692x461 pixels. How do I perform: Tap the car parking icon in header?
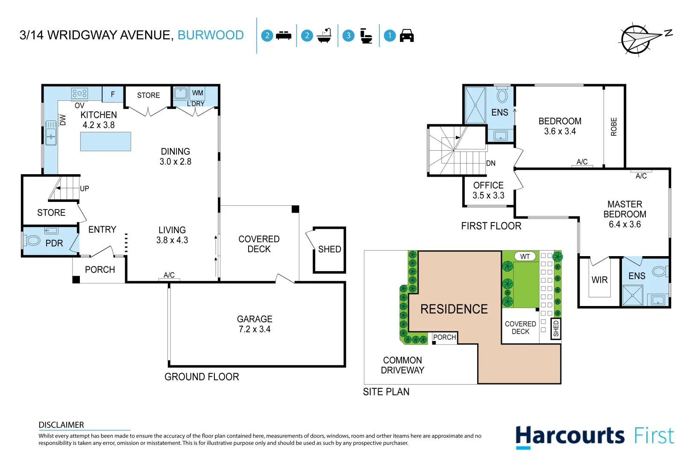click(x=406, y=35)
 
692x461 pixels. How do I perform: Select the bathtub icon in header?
click(x=324, y=35)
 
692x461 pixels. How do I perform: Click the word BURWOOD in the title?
click(x=211, y=35)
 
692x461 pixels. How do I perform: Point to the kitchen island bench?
click(x=106, y=141)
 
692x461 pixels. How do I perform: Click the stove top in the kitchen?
click(x=80, y=93)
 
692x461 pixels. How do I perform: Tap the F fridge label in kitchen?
click(x=113, y=94)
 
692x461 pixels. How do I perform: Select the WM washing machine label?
click(x=197, y=93)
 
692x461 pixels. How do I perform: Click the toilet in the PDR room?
click(x=32, y=240)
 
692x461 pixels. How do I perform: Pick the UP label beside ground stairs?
click(x=85, y=188)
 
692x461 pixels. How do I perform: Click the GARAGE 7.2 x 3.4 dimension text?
click(x=255, y=329)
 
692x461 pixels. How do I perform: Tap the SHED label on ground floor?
click(x=329, y=249)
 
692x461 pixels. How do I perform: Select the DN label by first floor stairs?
click(x=491, y=163)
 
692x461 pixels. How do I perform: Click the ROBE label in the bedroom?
click(x=614, y=127)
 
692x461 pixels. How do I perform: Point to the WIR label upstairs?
click(x=599, y=280)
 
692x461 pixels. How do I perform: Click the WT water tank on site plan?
click(x=525, y=257)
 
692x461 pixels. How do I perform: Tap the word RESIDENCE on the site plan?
click(x=454, y=309)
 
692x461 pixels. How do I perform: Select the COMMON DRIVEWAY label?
click(x=402, y=365)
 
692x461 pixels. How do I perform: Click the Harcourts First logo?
click(x=594, y=436)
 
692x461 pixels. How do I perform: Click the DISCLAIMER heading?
click(x=61, y=425)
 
